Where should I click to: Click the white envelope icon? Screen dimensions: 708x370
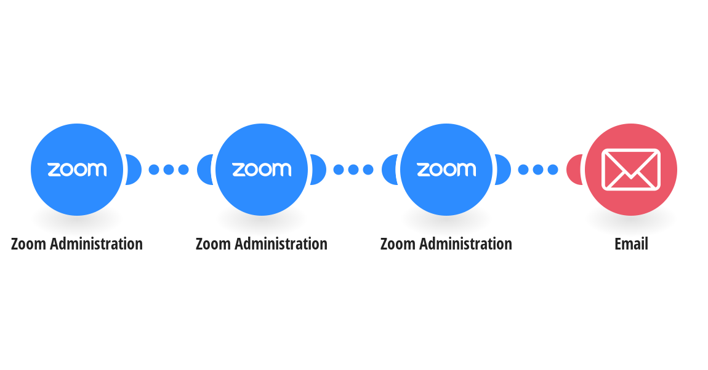(x=631, y=170)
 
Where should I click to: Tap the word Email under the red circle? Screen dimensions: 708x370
(x=631, y=244)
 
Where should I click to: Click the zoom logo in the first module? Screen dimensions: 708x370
(x=77, y=170)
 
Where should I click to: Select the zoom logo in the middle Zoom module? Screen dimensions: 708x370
(x=262, y=170)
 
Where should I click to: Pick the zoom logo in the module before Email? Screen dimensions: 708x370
(x=446, y=170)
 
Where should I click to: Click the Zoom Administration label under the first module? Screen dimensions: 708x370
(x=77, y=244)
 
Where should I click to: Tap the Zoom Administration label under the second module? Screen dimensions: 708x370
(x=262, y=244)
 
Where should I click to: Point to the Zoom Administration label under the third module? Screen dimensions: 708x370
(x=446, y=244)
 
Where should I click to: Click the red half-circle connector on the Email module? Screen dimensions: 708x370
(x=574, y=170)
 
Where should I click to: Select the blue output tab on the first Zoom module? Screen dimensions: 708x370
(x=134, y=170)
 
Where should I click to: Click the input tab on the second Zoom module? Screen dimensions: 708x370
(x=204, y=170)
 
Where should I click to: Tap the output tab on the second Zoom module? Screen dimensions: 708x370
(x=318, y=170)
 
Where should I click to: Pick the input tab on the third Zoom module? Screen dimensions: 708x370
(x=389, y=170)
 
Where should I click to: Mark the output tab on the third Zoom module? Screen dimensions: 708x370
(x=503, y=170)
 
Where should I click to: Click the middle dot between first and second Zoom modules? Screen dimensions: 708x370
(x=169, y=170)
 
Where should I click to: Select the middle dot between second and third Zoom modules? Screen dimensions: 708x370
(x=353, y=170)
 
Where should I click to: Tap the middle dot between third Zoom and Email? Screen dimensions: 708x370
(x=538, y=170)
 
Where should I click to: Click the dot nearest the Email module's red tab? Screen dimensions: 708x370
(x=553, y=170)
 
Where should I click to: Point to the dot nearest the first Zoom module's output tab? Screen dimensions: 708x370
(x=154, y=170)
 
